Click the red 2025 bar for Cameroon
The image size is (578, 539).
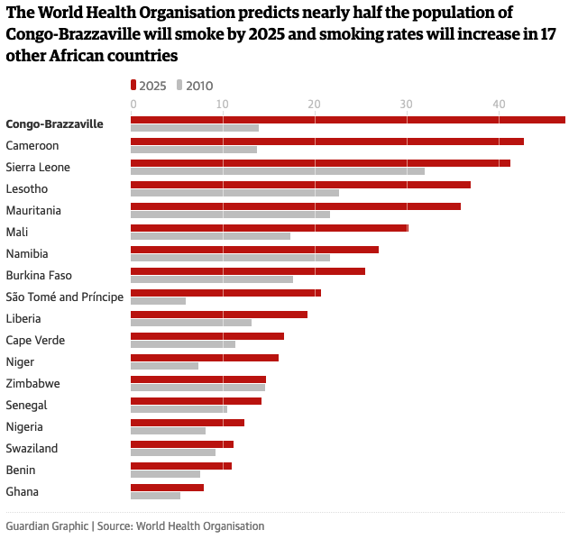pos(326,142)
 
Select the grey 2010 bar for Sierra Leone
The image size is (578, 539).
pos(277,171)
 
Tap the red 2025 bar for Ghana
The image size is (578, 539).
pos(167,488)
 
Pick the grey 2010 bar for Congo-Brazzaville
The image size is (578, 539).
pos(194,128)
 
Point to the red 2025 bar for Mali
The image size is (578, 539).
pos(269,228)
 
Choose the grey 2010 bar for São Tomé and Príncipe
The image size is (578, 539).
pos(158,301)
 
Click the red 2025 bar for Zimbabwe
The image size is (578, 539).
pos(197,379)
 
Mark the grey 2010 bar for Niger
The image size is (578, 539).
pos(164,366)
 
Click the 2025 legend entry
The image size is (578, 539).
pos(150,86)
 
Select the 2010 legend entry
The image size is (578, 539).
pos(195,86)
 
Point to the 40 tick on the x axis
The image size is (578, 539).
pos(498,105)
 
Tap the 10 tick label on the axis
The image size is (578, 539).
pos(223,105)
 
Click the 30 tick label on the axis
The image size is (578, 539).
pos(407,105)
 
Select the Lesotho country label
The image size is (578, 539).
pos(27,188)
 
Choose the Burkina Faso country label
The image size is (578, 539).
pos(39,275)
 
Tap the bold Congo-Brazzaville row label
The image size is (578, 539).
pos(54,123)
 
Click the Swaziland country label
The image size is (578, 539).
pos(32,448)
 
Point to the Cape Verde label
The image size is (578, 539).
pos(35,340)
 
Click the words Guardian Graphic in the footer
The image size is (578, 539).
pos(46,525)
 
